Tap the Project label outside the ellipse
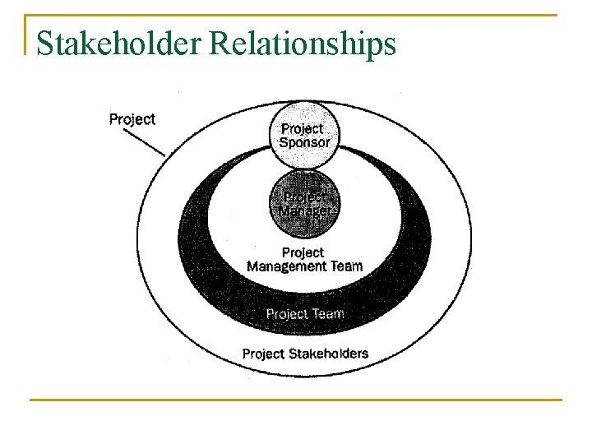coord(132,119)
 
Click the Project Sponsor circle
coord(305,136)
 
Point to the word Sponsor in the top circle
coord(305,142)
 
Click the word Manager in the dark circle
coord(304,210)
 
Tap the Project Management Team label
coord(304,259)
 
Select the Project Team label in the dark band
coord(305,313)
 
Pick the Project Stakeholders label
coord(305,354)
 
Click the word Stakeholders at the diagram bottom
coord(329,354)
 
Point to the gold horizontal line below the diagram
coord(296,400)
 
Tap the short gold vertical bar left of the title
coord(26,35)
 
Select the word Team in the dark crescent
coord(328,313)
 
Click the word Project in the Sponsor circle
coord(303,129)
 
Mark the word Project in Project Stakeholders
coord(264,354)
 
